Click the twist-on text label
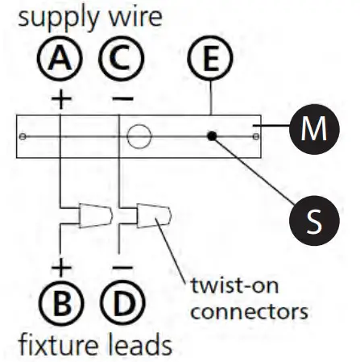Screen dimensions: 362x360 [x=234, y=288]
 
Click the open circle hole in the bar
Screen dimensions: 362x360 [x=139, y=135]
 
